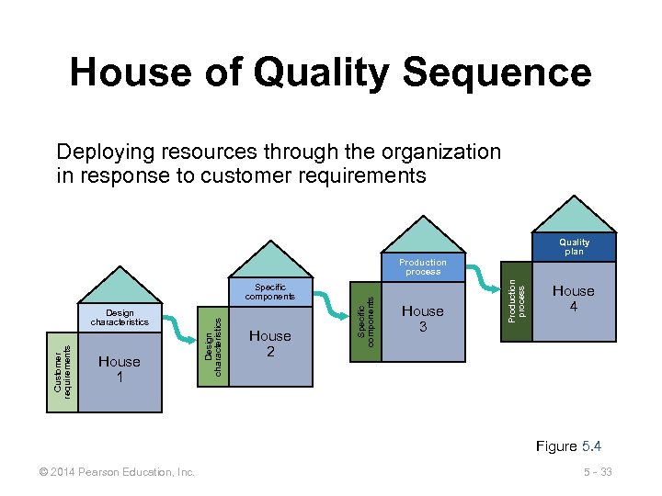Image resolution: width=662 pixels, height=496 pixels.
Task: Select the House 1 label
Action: (x=120, y=369)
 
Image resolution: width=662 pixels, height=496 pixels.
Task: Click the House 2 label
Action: (x=270, y=344)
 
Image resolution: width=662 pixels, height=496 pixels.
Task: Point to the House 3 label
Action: (x=423, y=318)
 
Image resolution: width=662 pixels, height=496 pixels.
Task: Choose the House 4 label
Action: (x=574, y=299)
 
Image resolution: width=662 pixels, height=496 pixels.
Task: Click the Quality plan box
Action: (x=575, y=246)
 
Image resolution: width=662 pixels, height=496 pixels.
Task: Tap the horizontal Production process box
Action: (x=423, y=266)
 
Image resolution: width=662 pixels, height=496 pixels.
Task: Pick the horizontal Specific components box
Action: (x=269, y=292)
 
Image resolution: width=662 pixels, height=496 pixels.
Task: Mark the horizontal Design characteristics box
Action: (x=120, y=318)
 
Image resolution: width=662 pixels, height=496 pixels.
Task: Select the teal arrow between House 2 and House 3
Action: (x=328, y=302)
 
